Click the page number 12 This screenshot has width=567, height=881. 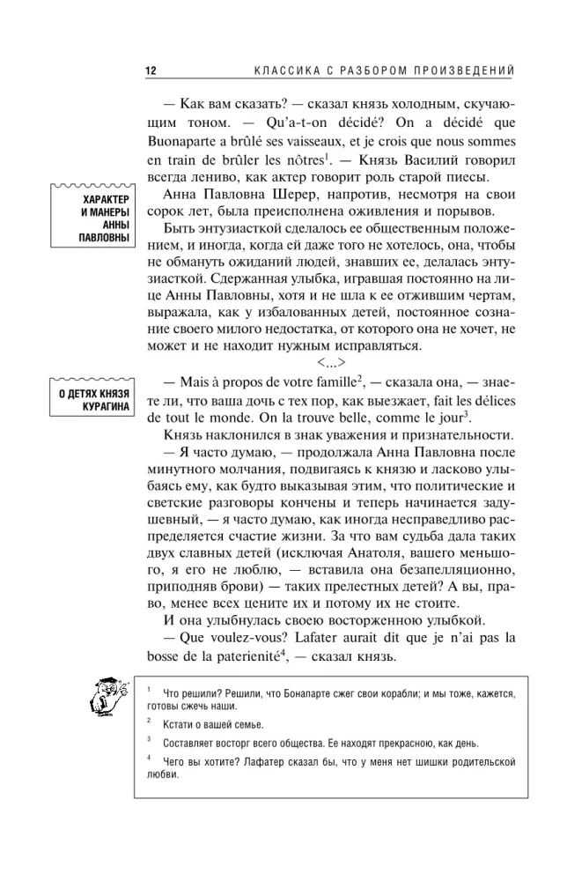[x=151, y=70]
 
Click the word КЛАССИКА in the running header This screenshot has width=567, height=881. [x=283, y=70]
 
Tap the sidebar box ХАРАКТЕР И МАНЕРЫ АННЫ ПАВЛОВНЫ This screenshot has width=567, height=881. [x=93, y=228]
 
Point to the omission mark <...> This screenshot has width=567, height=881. [x=331, y=359]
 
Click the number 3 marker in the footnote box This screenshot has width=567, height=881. [x=151, y=739]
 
